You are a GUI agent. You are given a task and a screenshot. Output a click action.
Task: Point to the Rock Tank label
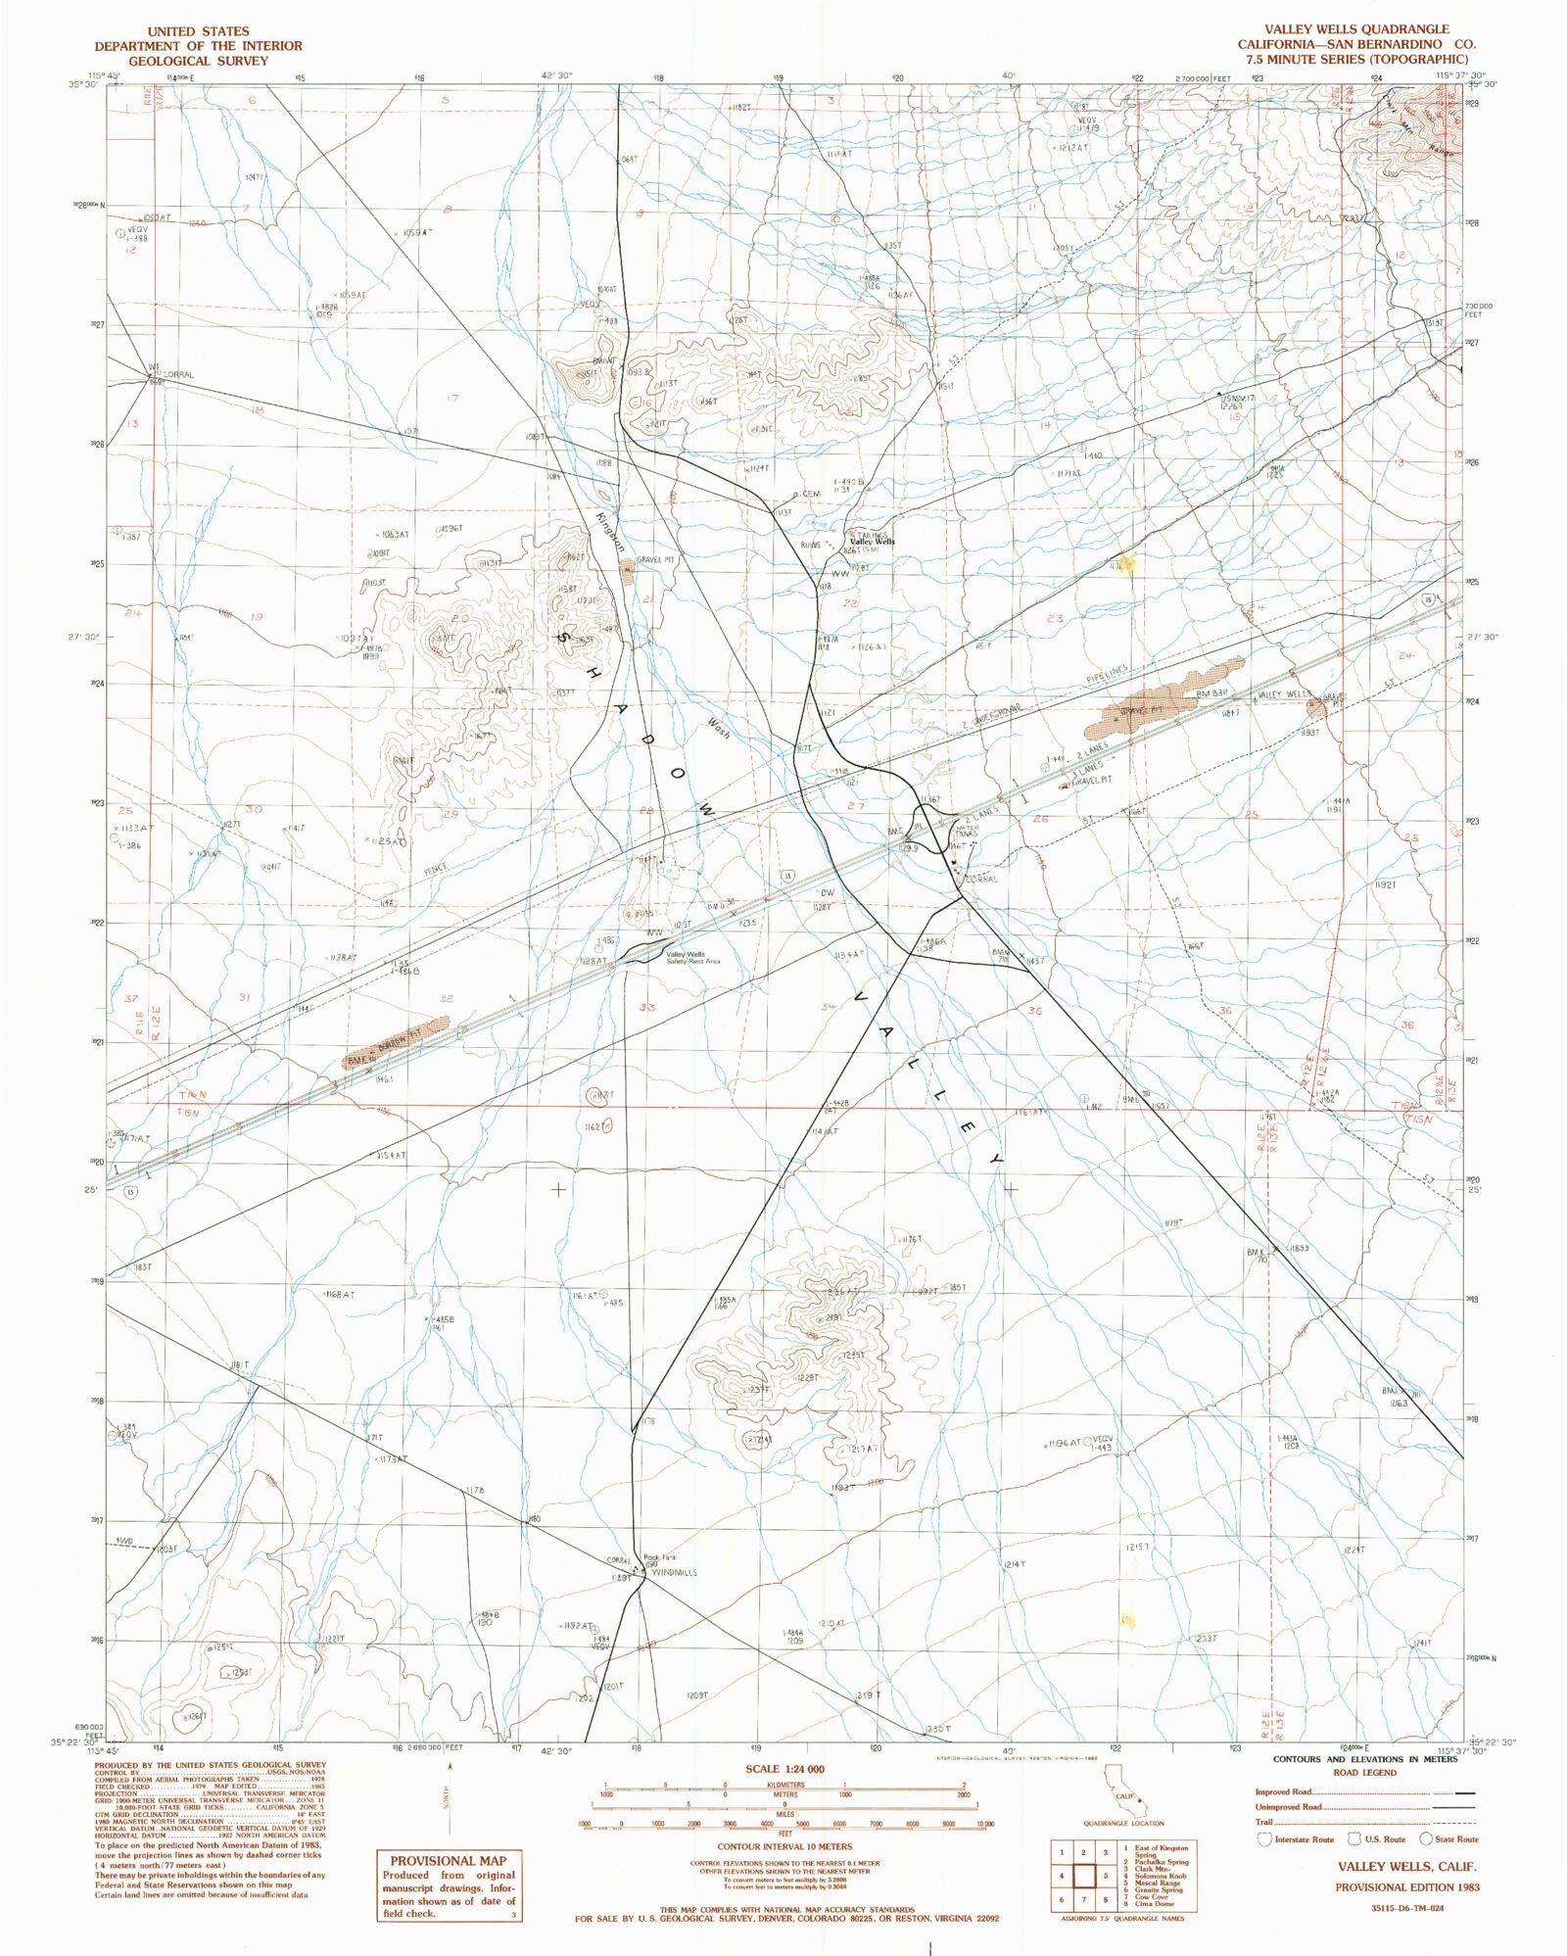(659, 1557)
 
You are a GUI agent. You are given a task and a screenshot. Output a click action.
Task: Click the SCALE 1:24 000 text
(784, 1769)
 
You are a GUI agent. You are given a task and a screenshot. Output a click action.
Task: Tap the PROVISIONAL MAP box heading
(448, 1861)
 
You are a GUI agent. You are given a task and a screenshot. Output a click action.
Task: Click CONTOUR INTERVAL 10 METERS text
(784, 1846)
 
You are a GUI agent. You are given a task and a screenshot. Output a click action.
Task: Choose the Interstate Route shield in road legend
(1265, 1838)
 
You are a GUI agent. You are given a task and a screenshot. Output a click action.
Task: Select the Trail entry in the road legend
(1264, 1821)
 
